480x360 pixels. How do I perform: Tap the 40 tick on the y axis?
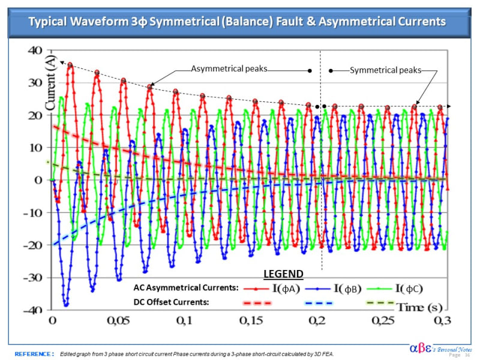point(34,50)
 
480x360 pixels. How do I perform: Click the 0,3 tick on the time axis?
point(442,321)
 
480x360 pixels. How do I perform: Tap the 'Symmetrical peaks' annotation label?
point(385,70)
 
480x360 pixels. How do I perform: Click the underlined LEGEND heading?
point(283,274)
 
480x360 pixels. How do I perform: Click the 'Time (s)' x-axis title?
point(419,308)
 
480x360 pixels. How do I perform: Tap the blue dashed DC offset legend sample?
point(316,303)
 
